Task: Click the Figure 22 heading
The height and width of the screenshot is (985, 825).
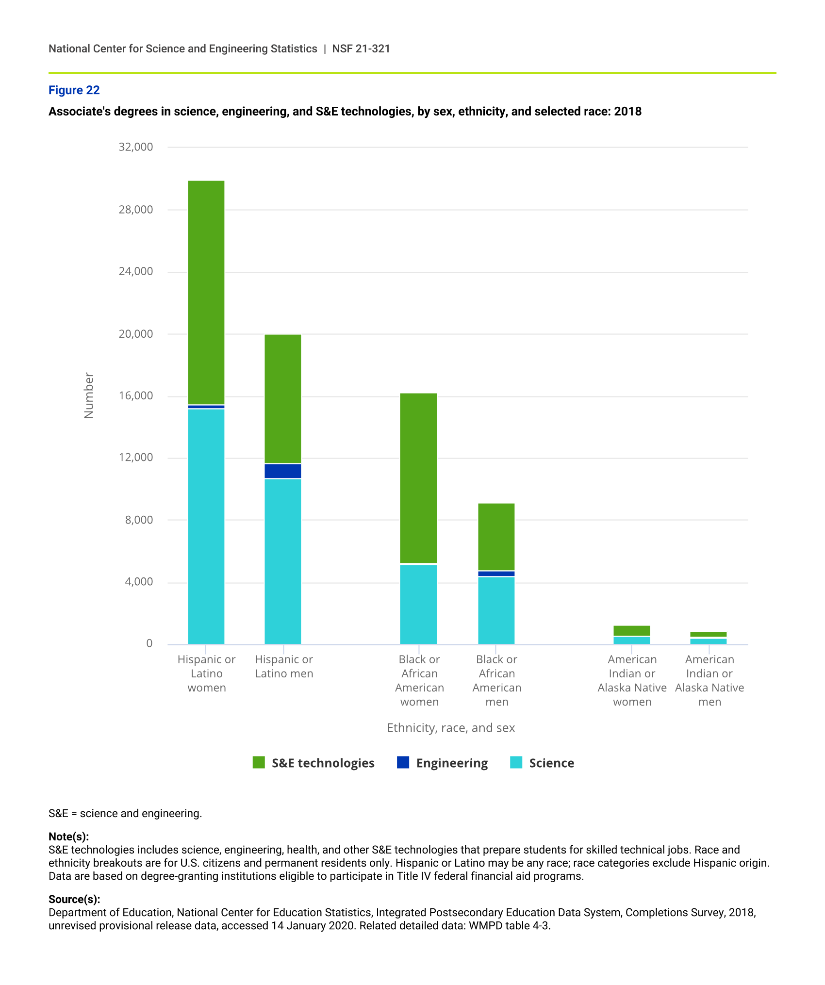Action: [74, 90]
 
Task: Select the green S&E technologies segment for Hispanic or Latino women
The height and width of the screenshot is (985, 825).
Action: [206, 291]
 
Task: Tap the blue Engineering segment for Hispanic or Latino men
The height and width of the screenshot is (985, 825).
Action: [283, 471]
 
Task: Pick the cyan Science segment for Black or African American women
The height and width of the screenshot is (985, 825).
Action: [418, 604]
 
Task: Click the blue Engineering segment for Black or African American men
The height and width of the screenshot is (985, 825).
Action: [496, 574]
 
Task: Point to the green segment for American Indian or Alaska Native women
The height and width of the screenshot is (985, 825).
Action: [631, 630]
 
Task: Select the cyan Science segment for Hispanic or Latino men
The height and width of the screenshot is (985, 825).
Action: [283, 560]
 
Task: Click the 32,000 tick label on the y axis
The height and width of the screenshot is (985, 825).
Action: [136, 147]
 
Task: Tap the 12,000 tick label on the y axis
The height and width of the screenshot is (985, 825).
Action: [136, 458]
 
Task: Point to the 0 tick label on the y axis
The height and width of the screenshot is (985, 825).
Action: [149, 643]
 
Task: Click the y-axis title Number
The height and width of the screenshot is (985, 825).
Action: [89, 395]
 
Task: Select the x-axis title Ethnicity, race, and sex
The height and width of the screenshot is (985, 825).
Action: [451, 728]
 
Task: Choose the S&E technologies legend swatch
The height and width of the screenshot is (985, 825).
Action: [259, 762]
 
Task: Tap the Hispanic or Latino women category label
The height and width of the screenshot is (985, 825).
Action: [207, 673]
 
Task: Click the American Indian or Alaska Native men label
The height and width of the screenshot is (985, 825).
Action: [709, 680]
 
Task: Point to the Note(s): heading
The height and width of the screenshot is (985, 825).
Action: [68, 837]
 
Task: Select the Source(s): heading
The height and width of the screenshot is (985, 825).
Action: [74, 899]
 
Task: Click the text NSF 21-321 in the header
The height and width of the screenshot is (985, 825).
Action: [361, 49]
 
